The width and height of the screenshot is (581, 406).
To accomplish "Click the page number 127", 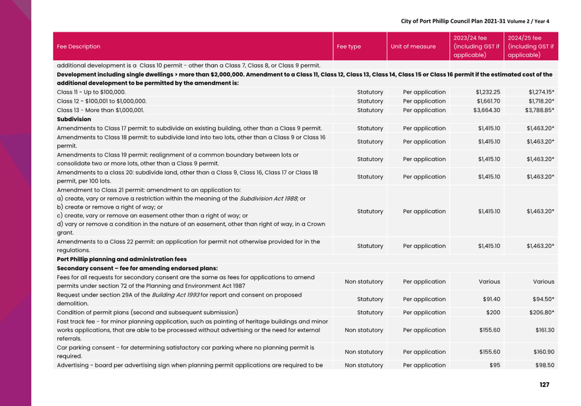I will (544, 384).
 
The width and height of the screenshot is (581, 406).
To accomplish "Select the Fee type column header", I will (349, 47).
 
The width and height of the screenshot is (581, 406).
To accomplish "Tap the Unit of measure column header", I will (413, 47).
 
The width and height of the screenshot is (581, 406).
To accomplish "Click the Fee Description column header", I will (79, 47).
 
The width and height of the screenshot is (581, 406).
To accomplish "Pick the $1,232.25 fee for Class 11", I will (488, 92).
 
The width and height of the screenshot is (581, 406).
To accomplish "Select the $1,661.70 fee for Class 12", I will (488, 101).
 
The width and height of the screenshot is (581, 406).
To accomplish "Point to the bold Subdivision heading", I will (74, 119).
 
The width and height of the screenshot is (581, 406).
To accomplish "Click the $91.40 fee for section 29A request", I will (491, 299).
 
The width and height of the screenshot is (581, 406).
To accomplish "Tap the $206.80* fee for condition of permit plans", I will (541, 312).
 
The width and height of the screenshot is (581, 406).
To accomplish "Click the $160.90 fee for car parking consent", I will (543, 352).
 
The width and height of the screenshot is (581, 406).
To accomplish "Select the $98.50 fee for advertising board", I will (545, 365).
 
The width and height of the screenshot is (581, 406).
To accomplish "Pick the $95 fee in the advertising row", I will (495, 365).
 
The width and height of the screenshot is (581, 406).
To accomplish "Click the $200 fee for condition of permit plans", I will (493, 312).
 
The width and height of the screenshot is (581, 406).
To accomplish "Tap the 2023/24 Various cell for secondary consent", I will (489, 281).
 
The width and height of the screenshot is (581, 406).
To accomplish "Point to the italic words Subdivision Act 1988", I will (269, 198).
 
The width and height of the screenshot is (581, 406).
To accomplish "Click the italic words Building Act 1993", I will (175, 295).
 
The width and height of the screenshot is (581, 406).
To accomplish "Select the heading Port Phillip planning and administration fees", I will (122, 259).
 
